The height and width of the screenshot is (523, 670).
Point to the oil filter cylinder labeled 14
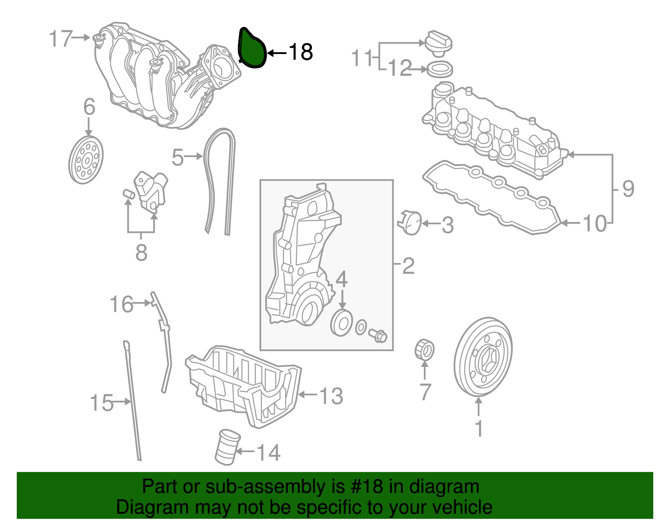[227, 447]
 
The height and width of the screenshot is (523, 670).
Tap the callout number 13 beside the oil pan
[331, 396]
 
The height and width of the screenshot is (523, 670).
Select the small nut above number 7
[424, 350]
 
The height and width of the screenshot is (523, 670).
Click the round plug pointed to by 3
[411, 223]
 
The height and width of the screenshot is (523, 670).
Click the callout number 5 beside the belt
[178, 157]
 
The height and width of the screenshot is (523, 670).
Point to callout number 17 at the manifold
[61, 39]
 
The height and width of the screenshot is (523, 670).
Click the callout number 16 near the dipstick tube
[121, 304]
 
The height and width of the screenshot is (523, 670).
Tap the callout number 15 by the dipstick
[101, 403]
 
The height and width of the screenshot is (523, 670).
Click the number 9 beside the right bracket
[628, 189]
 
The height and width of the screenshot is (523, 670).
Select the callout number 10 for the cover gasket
[595, 224]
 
